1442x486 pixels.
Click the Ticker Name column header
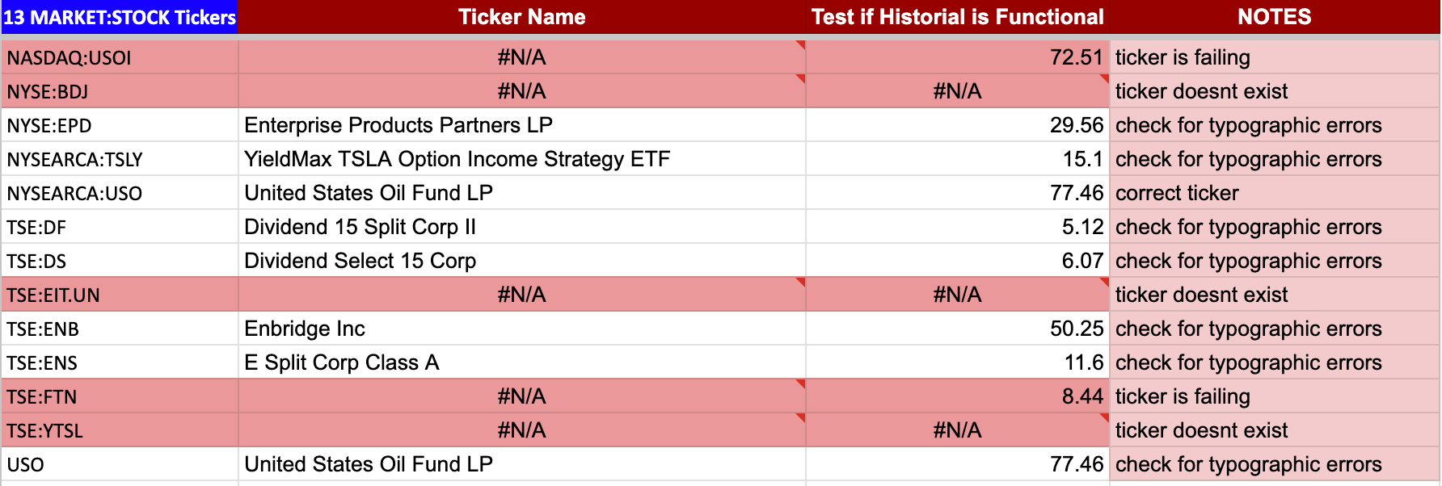(x=522, y=17)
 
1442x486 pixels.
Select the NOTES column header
(x=1275, y=17)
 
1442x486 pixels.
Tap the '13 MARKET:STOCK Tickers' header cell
(x=120, y=18)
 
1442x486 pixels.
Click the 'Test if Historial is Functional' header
(x=958, y=17)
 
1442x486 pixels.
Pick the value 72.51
(x=1077, y=57)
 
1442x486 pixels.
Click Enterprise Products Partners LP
(x=398, y=125)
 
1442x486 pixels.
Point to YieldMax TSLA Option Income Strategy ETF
(x=457, y=159)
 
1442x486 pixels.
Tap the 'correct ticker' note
(x=1177, y=193)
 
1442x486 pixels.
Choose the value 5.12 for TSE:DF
(x=1082, y=227)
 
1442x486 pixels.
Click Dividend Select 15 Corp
(x=360, y=261)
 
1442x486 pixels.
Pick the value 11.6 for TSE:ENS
(x=1084, y=362)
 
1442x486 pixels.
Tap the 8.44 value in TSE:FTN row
(x=1082, y=396)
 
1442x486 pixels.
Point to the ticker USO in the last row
(x=26, y=465)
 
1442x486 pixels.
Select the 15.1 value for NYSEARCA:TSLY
(x=1083, y=159)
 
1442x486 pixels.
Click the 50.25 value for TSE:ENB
(x=1077, y=329)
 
